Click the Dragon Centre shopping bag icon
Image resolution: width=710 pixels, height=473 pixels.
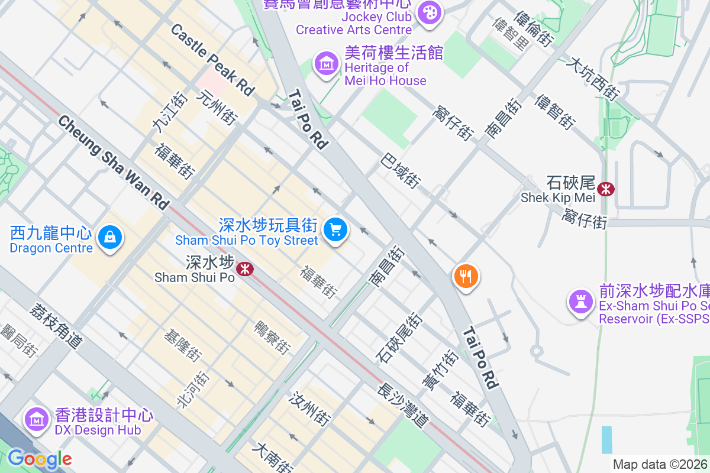109,238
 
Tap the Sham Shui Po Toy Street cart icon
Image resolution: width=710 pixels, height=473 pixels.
335,229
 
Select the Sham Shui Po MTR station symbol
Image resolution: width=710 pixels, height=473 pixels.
244,270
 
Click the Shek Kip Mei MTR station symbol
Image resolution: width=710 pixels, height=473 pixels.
605,189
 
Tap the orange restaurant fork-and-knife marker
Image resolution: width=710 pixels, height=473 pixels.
466,276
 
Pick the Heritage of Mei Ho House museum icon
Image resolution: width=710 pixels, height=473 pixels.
326,63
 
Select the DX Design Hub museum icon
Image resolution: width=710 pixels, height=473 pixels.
36,419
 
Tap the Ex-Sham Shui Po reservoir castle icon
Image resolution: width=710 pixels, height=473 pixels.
580,302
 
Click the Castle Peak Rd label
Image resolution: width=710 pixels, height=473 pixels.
212,60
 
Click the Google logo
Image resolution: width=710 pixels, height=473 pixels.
40,459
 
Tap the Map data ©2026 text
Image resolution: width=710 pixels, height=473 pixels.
660,465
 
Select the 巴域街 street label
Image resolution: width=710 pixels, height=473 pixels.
401,171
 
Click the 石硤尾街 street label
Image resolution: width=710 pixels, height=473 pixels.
399,338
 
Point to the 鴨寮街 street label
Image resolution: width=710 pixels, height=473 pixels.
272,338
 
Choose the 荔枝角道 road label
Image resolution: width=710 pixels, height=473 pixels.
56,325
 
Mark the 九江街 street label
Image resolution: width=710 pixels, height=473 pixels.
162,113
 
